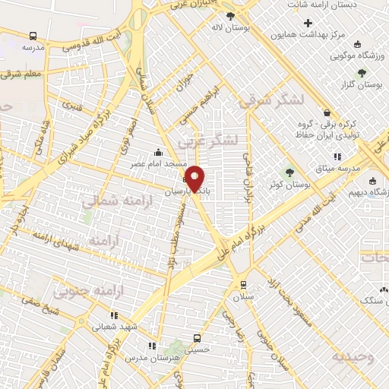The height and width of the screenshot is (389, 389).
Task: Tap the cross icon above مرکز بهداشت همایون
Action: pos(308,23)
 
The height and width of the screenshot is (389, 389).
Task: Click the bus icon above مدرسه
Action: pos(33,36)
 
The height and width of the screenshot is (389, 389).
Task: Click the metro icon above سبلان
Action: pos(243,285)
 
